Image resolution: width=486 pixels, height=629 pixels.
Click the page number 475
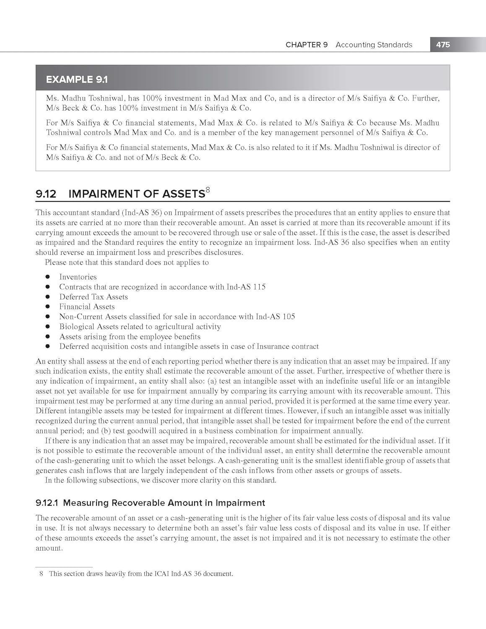(x=443, y=44)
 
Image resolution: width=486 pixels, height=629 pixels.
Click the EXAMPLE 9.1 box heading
(x=77, y=79)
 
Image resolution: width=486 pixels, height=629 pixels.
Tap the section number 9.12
(x=46, y=194)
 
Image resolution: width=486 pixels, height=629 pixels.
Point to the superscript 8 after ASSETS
(x=208, y=190)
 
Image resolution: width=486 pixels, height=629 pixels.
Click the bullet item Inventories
(x=78, y=277)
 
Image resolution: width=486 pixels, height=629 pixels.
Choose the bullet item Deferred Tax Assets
(x=94, y=297)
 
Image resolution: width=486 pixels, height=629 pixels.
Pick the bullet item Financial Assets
(x=87, y=307)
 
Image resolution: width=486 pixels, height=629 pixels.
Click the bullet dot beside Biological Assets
(x=48, y=327)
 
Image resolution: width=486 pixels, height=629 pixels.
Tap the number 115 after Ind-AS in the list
(x=259, y=287)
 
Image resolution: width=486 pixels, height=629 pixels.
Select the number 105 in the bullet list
(x=288, y=317)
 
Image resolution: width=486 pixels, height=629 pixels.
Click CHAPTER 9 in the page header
(x=307, y=45)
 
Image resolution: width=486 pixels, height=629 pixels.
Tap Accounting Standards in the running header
(x=374, y=45)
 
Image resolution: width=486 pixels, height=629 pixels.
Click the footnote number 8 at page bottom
(x=41, y=574)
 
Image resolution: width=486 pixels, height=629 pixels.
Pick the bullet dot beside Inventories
(x=48, y=277)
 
